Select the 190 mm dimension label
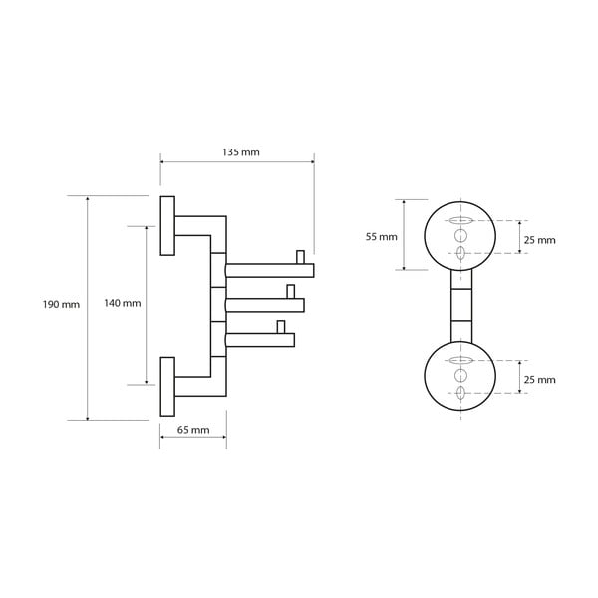coord(63,304)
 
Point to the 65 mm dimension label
coord(193,430)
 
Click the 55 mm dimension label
coord(381,237)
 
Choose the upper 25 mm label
coord(539,240)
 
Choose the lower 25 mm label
coord(539,380)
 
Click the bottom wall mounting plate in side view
coord(167,386)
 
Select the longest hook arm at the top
coord(269,270)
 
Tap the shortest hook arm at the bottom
coord(259,340)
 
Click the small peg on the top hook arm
coord(299,258)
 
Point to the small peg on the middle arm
coord(290,291)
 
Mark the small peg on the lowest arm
coord(281,326)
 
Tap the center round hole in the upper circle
coord(459,236)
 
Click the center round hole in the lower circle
coord(459,376)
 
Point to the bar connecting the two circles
coord(459,306)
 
